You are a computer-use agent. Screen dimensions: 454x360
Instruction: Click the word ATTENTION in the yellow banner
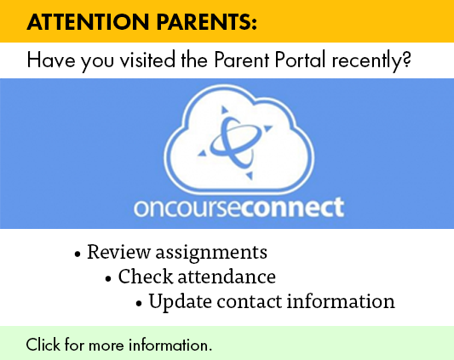(x=88, y=22)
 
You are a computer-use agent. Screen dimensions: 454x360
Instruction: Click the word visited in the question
(x=147, y=60)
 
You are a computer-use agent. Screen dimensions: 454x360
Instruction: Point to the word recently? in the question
(x=371, y=60)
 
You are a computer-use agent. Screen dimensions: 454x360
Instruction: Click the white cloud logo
(x=239, y=139)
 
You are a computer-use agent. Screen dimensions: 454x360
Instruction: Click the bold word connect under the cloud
(x=292, y=207)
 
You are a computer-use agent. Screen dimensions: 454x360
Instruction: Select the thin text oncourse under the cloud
(x=187, y=208)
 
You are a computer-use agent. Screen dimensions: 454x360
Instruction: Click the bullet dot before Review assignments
(x=77, y=254)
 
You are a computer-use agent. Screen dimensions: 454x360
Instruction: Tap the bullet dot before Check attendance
(x=108, y=279)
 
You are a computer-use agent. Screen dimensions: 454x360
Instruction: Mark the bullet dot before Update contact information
(x=139, y=304)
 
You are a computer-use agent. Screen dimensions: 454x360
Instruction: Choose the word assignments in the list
(x=211, y=253)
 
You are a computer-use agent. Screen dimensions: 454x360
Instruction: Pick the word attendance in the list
(x=227, y=277)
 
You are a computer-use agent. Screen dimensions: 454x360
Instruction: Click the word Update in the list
(x=180, y=302)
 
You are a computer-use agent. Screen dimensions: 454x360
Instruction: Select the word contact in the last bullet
(x=249, y=302)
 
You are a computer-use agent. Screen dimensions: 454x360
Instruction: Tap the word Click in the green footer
(x=43, y=345)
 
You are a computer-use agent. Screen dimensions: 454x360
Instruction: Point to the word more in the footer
(x=106, y=346)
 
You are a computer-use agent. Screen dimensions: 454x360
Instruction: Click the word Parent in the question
(x=241, y=60)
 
